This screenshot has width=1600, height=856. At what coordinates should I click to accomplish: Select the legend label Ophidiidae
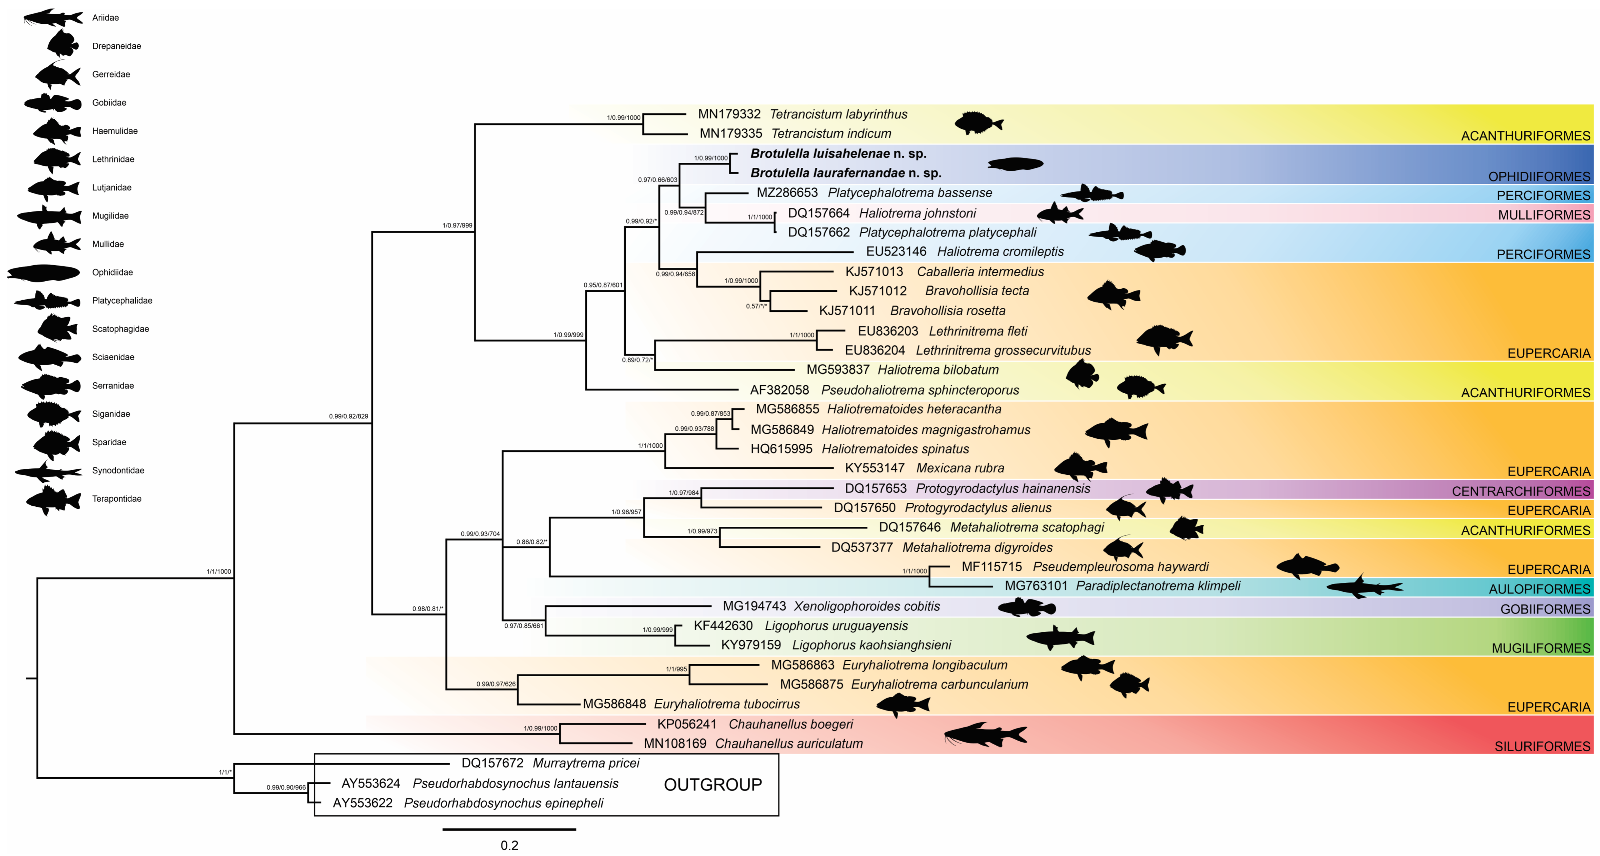click(x=112, y=272)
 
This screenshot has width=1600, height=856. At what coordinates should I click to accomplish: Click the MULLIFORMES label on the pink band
click(x=1544, y=215)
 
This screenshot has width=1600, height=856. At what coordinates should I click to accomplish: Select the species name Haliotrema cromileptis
click(x=1000, y=252)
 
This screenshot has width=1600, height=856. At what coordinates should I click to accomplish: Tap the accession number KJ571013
click(x=874, y=272)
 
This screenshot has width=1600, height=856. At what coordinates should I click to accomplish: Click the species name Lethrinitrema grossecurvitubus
click(x=1003, y=350)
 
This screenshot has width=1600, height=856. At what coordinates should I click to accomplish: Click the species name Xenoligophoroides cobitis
click(x=867, y=606)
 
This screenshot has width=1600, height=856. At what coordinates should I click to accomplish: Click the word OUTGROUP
click(x=712, y=785)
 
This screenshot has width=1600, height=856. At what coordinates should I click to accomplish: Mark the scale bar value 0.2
click(x=509, y=845)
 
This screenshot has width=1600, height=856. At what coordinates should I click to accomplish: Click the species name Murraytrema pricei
click(x=586, y=763)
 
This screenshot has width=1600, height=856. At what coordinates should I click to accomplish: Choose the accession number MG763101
click(x=1035, y=586)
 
